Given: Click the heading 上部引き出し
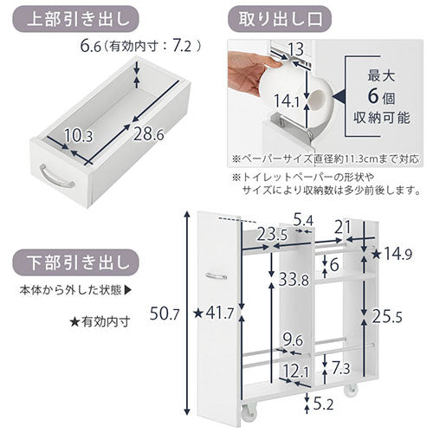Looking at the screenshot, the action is pyautogui.click(x=78, y=20).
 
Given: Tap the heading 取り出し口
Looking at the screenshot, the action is pyautogui.click(x=280, y=20).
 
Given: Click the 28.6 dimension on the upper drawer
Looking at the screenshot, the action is pyautogui.click(x=148, y=134).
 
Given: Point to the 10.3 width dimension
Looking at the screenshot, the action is pyautogui.click(x=78, y=136).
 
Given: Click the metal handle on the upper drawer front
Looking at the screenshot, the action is pyautogui.click(x=56, y=177).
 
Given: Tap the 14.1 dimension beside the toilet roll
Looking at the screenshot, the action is pyautogui.click(x=287, y=100).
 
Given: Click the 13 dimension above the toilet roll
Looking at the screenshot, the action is pyautogui.click(x=296, y=49).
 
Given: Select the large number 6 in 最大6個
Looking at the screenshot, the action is pyautogui.click(x=373, y=96).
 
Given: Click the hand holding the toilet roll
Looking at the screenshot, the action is pyautogui.click(x=249, y=72).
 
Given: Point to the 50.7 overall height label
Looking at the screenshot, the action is pyautogui.click(x=165, y=314).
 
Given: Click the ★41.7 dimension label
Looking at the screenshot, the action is pyautogui.click(x=213, y=313).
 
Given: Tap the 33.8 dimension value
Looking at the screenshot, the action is pyautogui.click(x=294, y=280).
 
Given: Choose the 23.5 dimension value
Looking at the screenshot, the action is pyautogui.click(x=272, y=235).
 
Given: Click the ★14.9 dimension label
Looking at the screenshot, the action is pyautogui.click(x=391, y=254).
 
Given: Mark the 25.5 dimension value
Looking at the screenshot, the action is pyautogui.click(x=387, y=316).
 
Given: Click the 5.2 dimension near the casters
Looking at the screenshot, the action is pyautogui.click(x=323, y=404).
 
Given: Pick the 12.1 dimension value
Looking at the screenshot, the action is pyautogui.click(x=296, y=371).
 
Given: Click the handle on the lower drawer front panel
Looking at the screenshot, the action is pyautogui.click(x=216, y=276).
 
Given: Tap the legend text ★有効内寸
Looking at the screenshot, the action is pyautogui.click(x=100, y=321).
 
